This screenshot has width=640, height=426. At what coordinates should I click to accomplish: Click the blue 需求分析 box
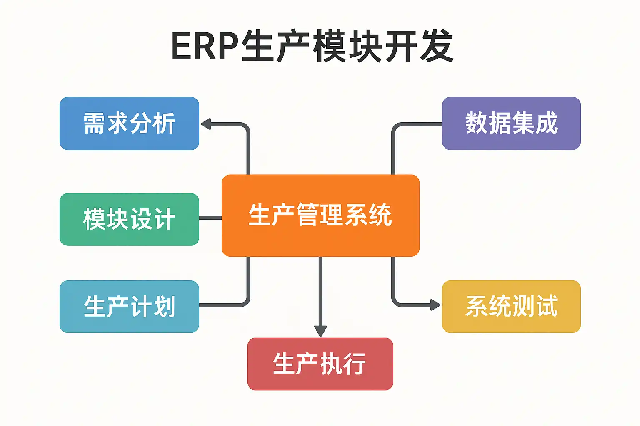[129, 124]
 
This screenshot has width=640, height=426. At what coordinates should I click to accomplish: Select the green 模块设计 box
[129, 219]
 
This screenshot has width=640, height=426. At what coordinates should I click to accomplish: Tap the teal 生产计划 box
[129, 307]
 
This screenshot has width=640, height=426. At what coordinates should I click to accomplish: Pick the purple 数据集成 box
[511, 124]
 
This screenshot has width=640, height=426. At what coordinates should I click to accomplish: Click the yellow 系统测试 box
[511, 307]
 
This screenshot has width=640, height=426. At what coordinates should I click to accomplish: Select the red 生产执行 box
[320, 364]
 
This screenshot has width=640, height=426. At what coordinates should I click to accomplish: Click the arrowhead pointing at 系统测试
[435, 305]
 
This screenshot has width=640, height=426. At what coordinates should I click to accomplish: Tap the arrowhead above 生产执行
[320, 331]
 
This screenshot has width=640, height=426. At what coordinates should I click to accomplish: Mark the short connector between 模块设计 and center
[210, 218]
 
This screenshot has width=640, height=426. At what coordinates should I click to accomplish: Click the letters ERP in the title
[204, 46]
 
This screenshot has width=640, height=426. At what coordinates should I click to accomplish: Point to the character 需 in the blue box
[95, 124]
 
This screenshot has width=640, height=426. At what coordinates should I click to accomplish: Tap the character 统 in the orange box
[380, 215]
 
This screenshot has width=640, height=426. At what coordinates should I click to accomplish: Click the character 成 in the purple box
[546, 124]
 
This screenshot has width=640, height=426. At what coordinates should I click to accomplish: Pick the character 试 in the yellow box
[546, 307]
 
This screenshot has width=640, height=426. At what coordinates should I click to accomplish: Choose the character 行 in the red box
[354, 364]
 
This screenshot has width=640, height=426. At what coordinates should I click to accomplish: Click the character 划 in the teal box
[164, 307]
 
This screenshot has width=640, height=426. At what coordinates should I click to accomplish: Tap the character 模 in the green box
[95, 219]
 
